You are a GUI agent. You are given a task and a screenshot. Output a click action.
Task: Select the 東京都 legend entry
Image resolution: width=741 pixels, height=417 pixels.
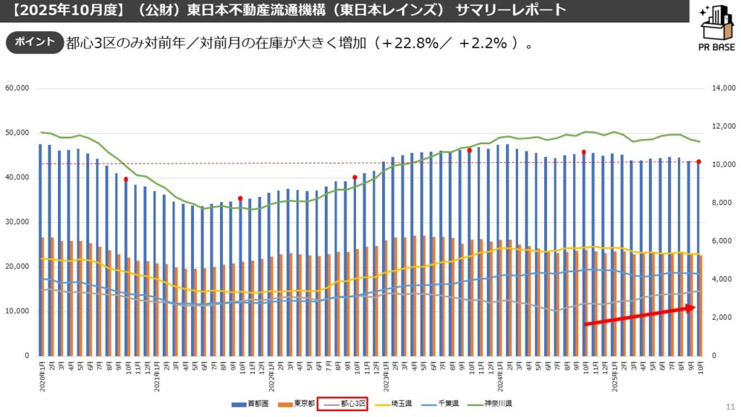point(297,403)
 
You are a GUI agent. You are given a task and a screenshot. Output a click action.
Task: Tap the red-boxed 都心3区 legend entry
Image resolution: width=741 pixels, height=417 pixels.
point(344,403)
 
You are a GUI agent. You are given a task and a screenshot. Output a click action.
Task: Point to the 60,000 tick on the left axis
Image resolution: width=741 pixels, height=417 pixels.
point(17,88)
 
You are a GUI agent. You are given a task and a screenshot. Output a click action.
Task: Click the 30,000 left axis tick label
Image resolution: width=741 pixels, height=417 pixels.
point(17,222)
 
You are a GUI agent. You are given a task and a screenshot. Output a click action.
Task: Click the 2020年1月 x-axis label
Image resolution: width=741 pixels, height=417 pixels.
point(41,376)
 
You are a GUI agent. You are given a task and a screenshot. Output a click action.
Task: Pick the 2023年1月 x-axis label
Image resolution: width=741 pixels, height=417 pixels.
point(384,376)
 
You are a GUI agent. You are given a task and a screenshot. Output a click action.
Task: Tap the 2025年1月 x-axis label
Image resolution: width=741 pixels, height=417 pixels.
point(613,376)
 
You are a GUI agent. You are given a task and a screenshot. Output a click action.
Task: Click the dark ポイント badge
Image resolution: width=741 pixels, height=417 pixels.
point(34,42)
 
